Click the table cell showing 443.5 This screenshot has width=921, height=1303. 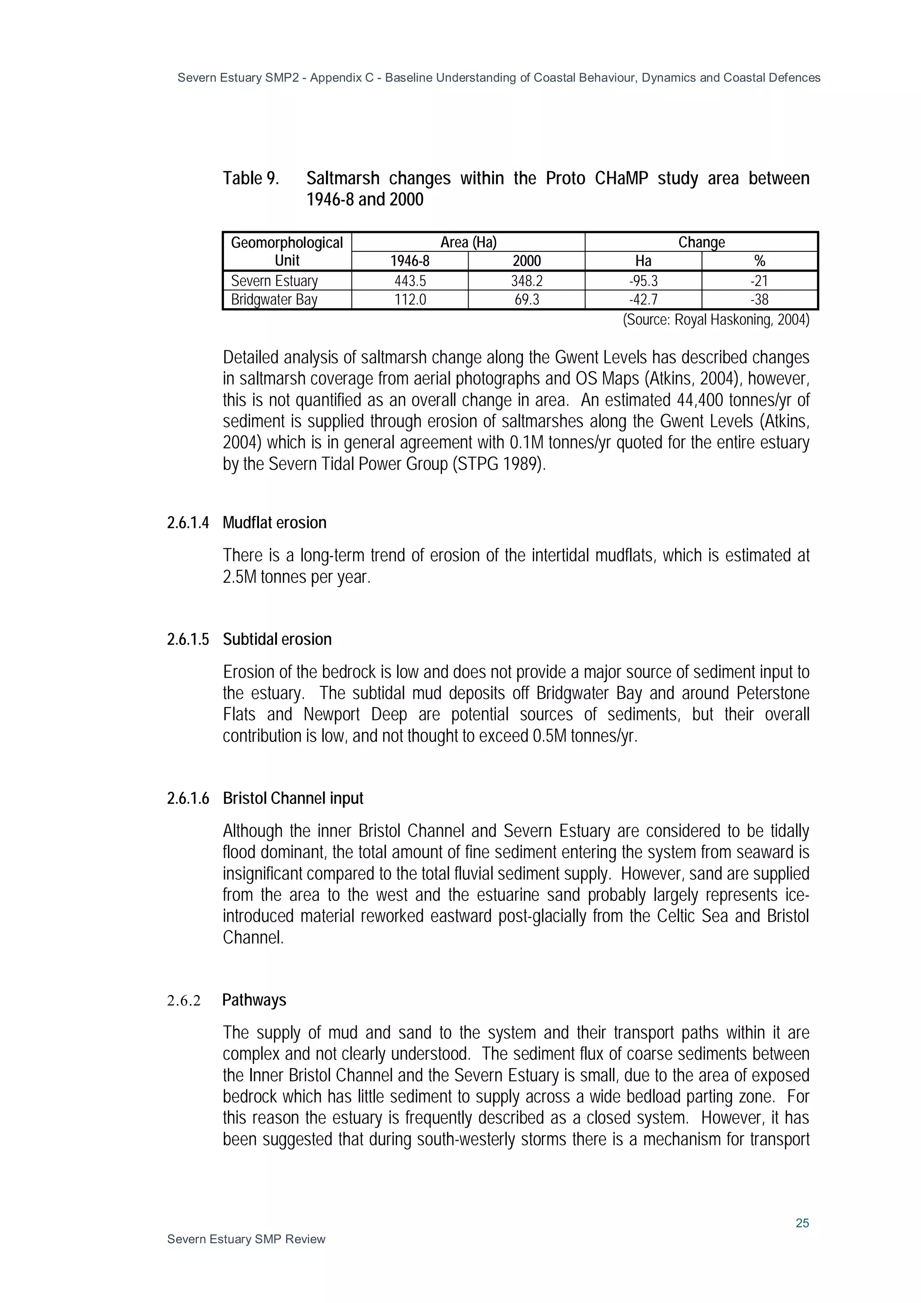(410, 281)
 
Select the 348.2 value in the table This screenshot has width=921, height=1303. (526, 281)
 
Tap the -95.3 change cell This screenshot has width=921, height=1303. (643, 281)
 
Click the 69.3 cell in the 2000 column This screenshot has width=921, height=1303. (526, 300)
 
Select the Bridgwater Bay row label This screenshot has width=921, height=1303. (273, 300)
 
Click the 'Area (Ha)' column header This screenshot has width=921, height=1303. (468, 242)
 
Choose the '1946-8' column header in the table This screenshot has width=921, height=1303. (410, 261)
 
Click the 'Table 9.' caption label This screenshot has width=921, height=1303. (250, 178)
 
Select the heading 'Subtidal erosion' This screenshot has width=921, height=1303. (277, 640)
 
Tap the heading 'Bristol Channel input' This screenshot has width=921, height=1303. (293, 798)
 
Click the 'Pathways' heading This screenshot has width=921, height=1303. (254, 1000)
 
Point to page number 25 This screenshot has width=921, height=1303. (802, 1223)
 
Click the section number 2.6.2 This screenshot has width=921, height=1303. (183, 1000)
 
